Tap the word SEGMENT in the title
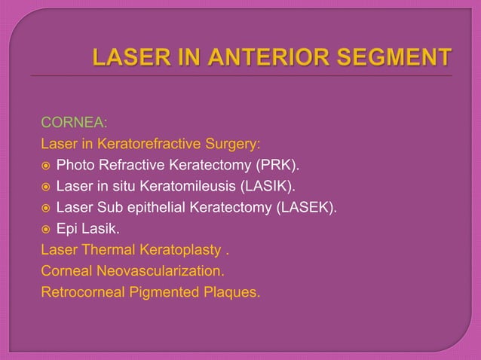point(393,57)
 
